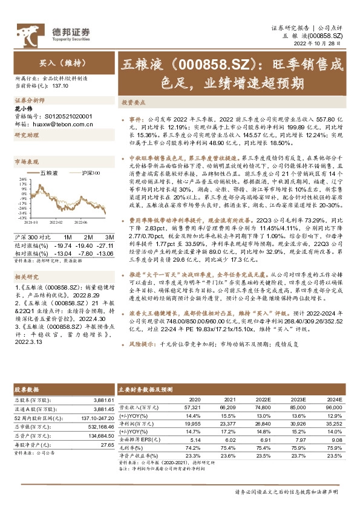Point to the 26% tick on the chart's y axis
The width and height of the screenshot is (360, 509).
(23, 179)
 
